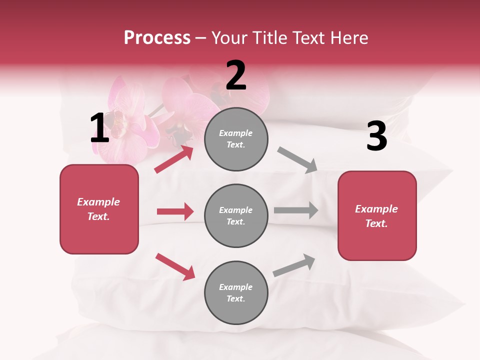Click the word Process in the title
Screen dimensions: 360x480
pos(157,37)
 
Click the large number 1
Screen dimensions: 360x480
pos(99,128)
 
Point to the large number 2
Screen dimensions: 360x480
pos(236,75)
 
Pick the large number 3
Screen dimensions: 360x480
pos(376,136)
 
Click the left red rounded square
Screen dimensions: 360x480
pos(99,209)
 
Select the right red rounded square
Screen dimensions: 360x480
pos(377,215)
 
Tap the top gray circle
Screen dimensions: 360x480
pos(236,139)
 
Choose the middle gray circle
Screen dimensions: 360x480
pos(236,215)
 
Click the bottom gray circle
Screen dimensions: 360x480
pos(236,292)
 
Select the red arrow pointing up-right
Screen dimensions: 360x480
pos(174,159)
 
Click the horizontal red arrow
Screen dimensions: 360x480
pos(175,211)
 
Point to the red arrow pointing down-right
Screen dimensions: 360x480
pos(175,266)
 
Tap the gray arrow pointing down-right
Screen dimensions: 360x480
pos(297,160)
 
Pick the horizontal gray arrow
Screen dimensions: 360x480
pos(296,210)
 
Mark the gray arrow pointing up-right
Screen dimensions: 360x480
pos(294,265)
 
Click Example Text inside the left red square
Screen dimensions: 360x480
pos(98,209)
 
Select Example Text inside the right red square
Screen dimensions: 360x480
pos(376,216)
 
